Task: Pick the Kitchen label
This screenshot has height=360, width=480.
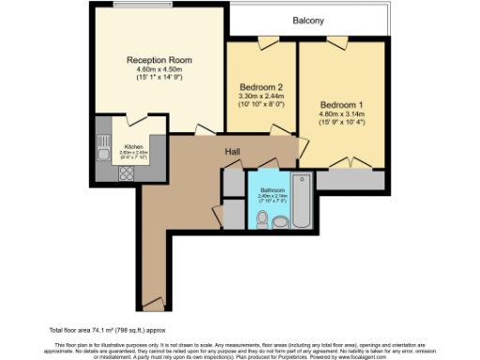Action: tap(134, 147)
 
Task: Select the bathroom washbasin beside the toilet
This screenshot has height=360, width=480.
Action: tap(281, 221)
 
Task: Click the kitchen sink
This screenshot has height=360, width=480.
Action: tap(102, 144)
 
